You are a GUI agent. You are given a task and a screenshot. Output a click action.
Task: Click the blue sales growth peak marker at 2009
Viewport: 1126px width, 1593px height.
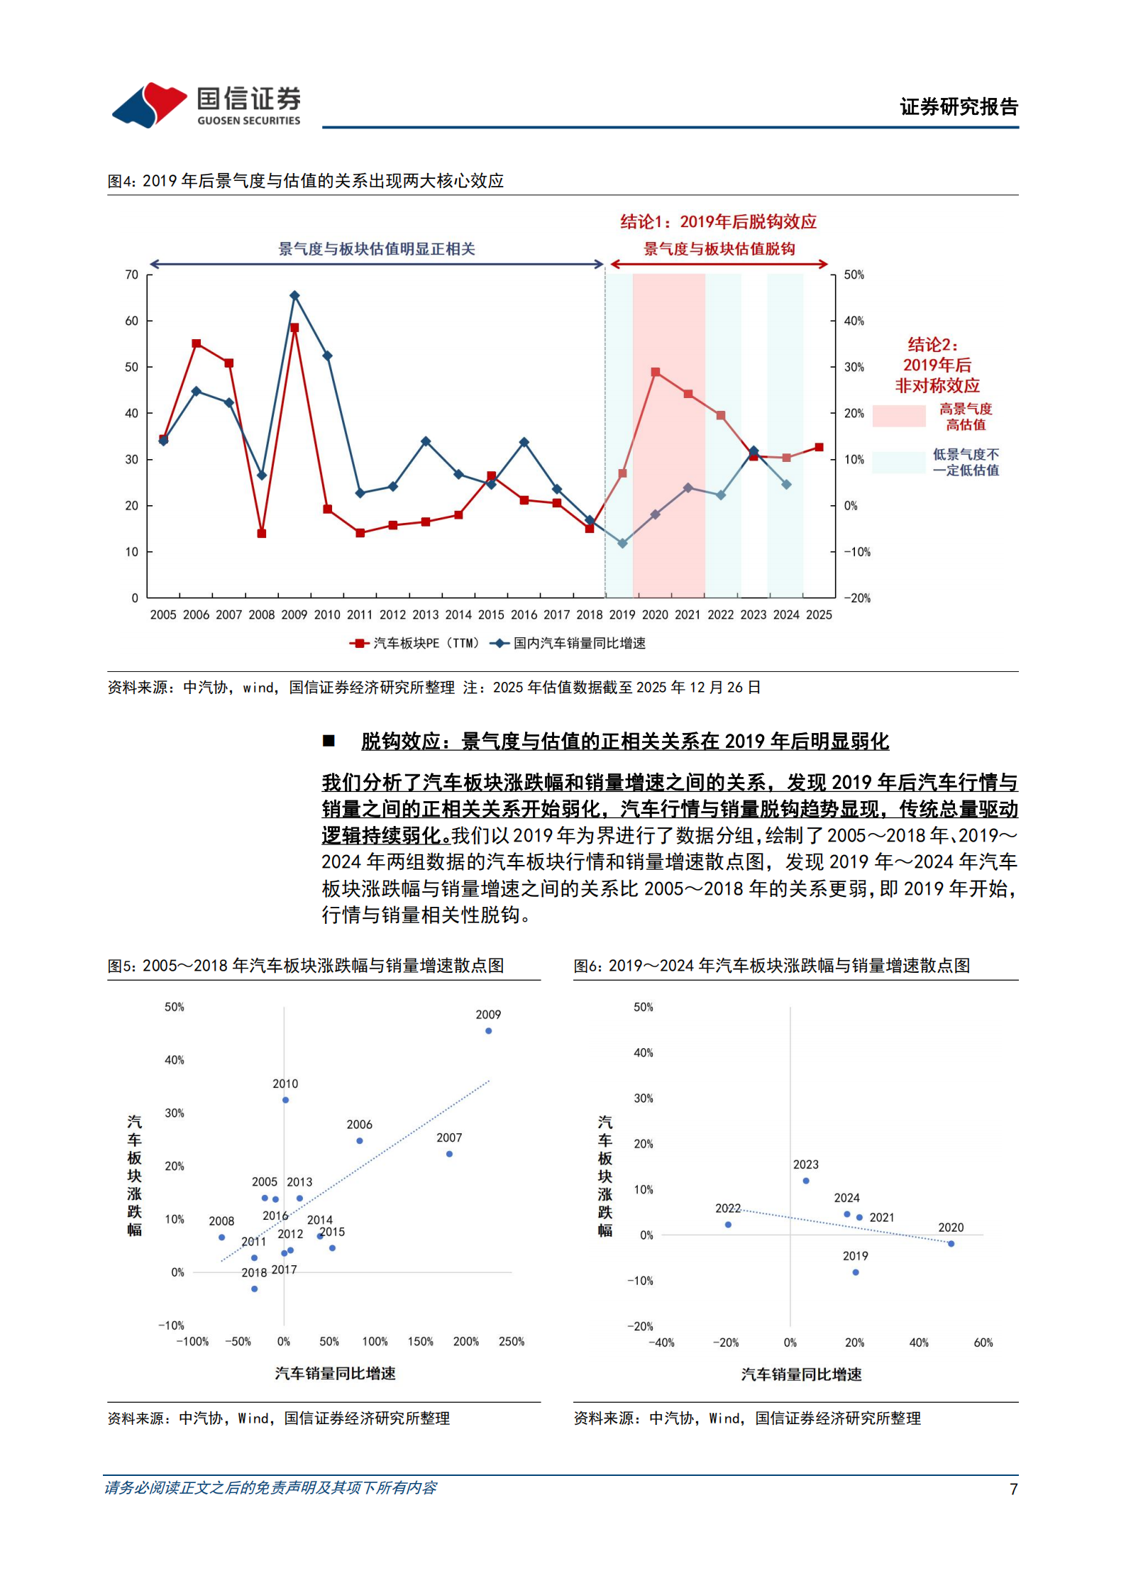tap(294, 295)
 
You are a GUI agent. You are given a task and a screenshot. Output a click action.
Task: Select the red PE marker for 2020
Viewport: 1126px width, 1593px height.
tap(655, 372)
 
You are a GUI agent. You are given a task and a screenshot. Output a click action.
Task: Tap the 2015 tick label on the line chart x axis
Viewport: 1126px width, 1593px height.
tap(491, 614)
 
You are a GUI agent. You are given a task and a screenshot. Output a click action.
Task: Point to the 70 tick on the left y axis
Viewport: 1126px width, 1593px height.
tap(132, 275)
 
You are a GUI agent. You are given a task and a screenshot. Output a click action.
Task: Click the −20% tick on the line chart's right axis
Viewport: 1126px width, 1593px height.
tap(857, 598)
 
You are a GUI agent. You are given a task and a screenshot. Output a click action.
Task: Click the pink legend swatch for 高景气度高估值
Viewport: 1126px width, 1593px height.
tap(899, 416)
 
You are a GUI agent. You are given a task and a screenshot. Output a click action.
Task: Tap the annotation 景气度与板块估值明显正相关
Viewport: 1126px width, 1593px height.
tap(376, 249)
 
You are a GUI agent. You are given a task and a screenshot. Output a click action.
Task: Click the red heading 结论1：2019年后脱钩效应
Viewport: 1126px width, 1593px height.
tap(718, 222)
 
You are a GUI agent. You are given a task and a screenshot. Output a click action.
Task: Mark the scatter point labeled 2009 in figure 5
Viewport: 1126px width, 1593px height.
tap(488, 1031)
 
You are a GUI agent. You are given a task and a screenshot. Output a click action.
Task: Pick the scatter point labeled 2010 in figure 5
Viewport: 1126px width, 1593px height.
tap(285, 1100)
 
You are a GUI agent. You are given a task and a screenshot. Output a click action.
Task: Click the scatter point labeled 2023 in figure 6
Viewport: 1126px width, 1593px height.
tap(806, 1181)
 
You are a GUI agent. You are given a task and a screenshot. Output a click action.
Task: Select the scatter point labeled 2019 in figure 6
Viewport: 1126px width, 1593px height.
tap(856, 1272)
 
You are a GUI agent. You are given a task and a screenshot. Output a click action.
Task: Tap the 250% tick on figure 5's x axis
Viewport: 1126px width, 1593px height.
tap(511, 1341)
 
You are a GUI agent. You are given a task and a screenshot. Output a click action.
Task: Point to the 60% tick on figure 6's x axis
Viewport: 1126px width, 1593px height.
tap(983, 1343)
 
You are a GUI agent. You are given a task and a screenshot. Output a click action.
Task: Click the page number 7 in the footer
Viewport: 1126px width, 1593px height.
tap(1014, 1489)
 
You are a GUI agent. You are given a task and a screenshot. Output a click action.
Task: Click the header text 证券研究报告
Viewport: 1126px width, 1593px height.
tap(959, 107)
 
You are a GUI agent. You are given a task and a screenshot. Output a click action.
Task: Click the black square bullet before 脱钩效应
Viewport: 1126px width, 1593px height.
tap(329, 741)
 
